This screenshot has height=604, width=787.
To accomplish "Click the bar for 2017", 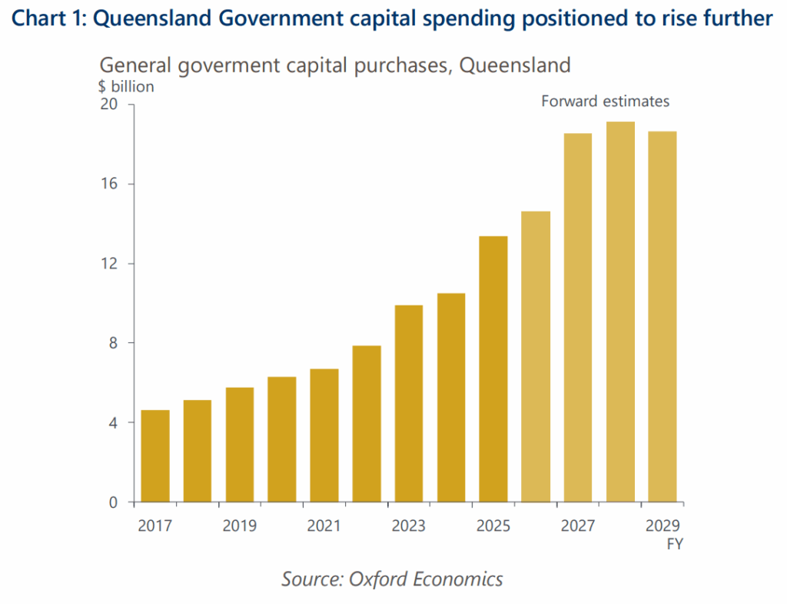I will tap(155, 456).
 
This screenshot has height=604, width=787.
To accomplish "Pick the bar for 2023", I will tap(409, 404).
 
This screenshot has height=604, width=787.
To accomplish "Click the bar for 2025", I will tap(493, 369).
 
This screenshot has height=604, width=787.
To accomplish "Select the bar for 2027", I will tap(578, 318).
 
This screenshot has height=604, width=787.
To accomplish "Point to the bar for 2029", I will tap(662, 317).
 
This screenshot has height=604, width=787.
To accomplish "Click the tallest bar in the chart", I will tap(620, 312).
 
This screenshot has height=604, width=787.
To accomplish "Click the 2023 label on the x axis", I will tap(408, 526).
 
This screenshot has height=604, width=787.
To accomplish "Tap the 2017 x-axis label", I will tap(155, 526).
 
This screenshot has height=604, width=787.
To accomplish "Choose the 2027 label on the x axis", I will tap(578, 526).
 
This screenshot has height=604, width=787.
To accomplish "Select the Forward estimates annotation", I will tap(605, 101).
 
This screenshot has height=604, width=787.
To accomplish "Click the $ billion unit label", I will tap(126, 86).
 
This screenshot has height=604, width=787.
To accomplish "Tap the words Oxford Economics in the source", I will tap(426, 579).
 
